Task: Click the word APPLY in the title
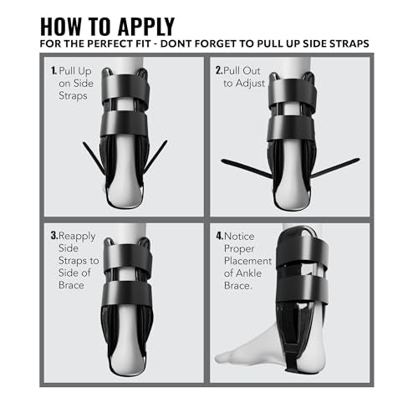pos(146,27)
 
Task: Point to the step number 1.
pos(54,70)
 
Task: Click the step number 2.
pos(219,70)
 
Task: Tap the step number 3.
pos(54,236)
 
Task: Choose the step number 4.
pos(220,237)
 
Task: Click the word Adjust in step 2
pos(250,84)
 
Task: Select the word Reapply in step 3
pos(77,237)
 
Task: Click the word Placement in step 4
pos(247,261)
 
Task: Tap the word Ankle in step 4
pos(248,273)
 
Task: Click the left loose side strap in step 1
pos(94,157)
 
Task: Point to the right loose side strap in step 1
pos(155,156)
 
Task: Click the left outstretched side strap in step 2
pos(247,169)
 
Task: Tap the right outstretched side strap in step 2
pos(335,167)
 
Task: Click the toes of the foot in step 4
pos(223,357)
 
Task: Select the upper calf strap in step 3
pos(128,257)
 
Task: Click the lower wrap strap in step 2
pos(291,128)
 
